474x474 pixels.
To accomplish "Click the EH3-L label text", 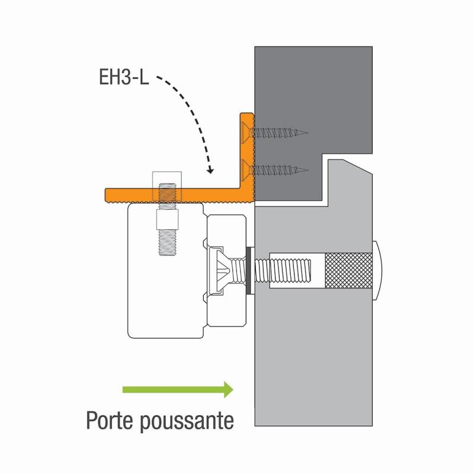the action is (x=124, y=77).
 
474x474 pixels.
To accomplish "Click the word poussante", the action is (x=187, y=422).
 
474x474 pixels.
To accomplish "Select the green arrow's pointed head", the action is (x=229, y=390).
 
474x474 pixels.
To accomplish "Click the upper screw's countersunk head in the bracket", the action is (x=246, y=132).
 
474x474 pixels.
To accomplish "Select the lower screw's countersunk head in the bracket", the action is (x=246, y=170).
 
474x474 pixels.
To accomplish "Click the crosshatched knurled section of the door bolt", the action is (x=348, y=271).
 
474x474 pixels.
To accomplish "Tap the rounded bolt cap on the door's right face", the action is (x=377, y=271).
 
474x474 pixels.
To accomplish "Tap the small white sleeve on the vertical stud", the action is (x=167, y=219).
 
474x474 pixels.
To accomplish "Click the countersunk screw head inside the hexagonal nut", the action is (x=220, y=270).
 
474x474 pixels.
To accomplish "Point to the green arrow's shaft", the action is (x=173, y=390).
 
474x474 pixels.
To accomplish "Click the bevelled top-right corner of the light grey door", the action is (x=358, y=167).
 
